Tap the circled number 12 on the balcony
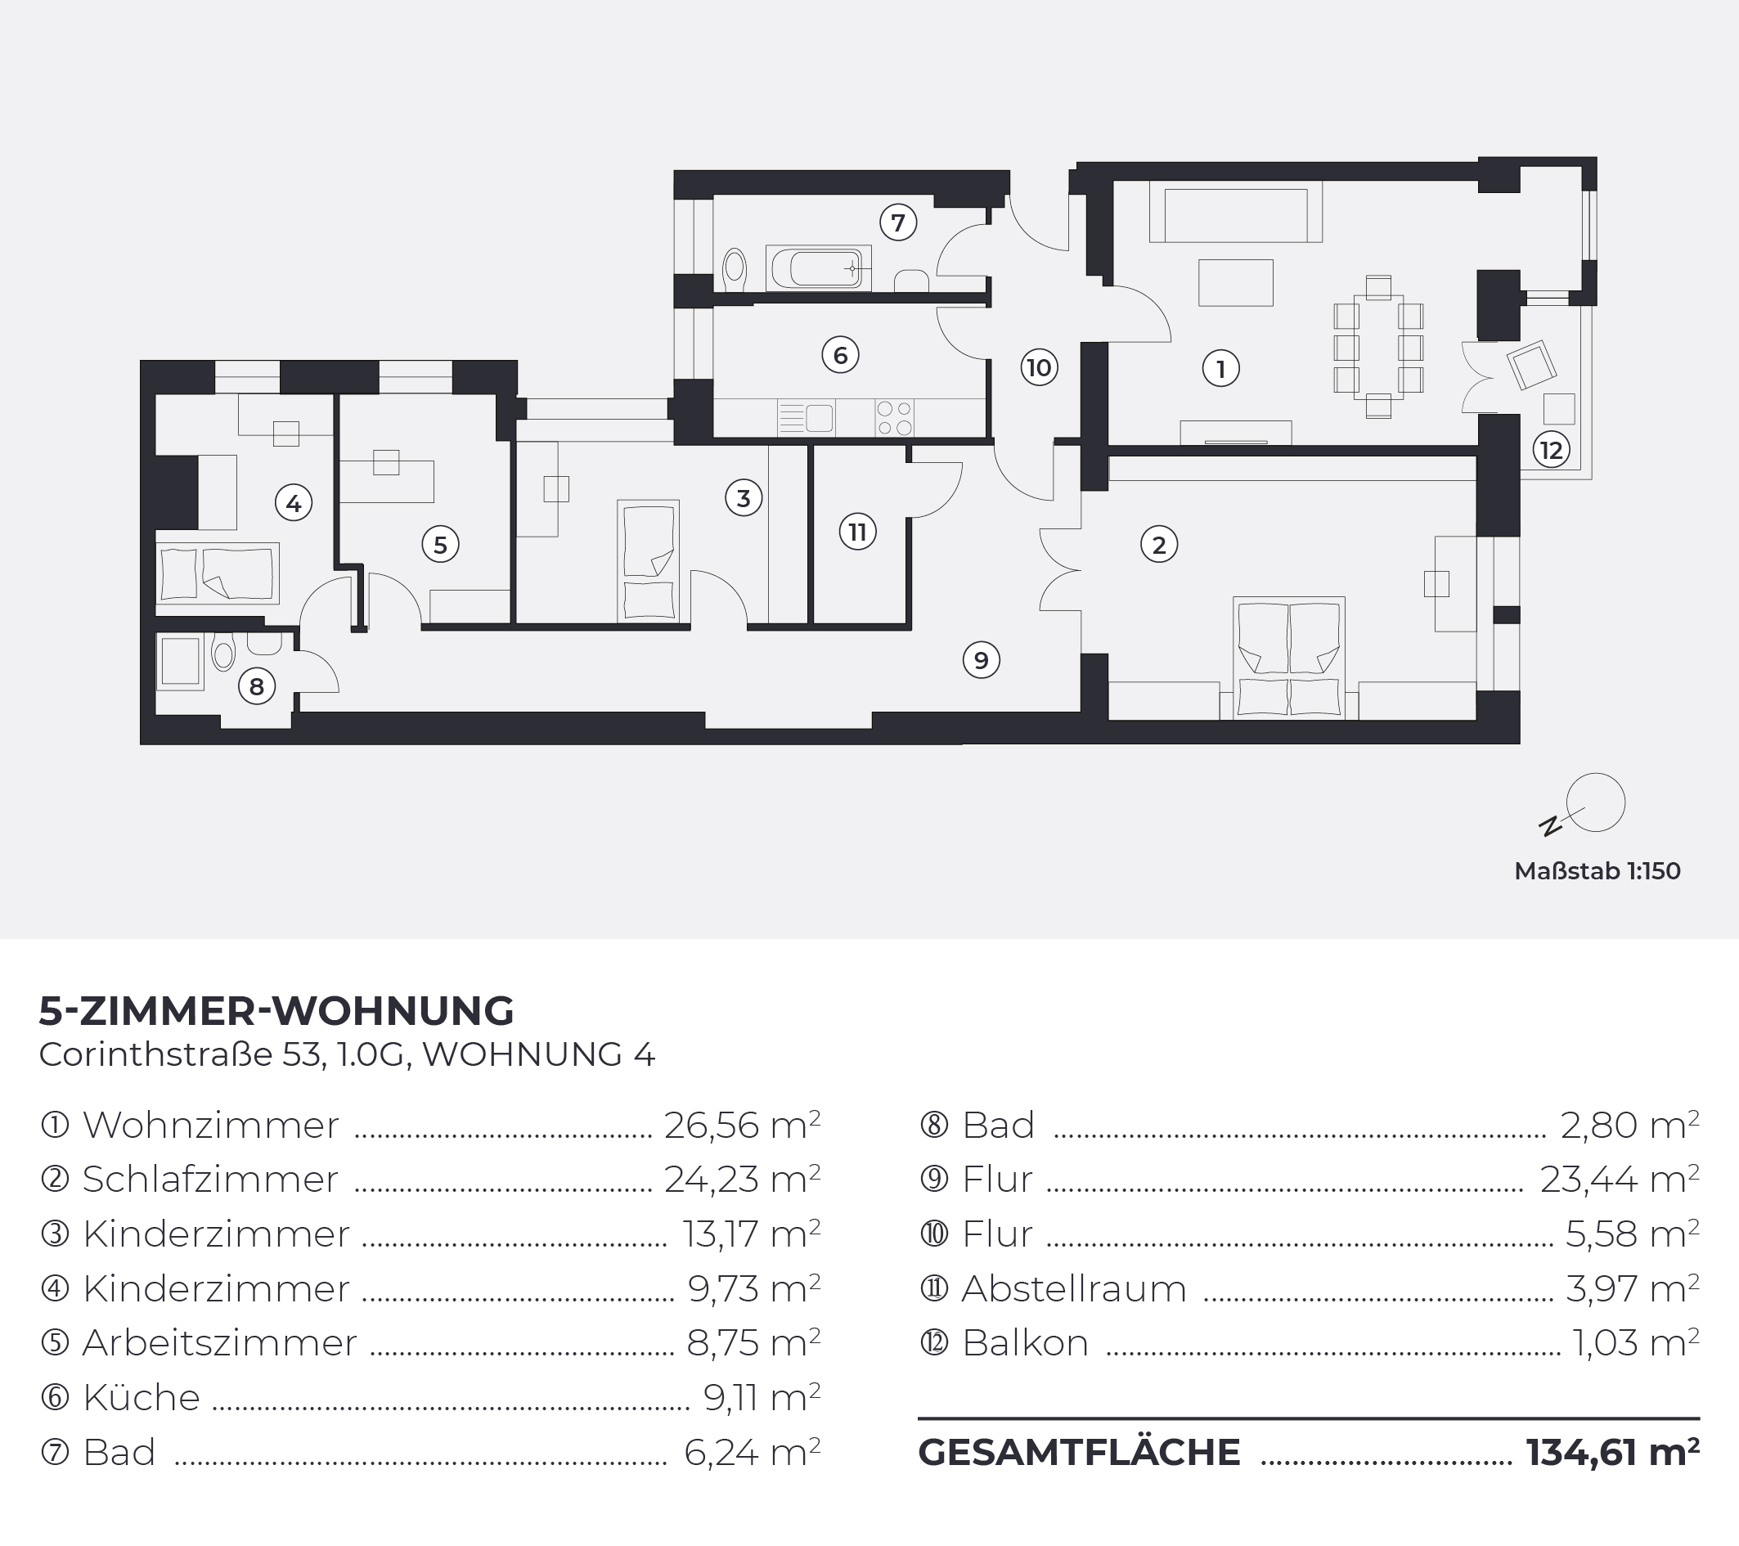[x=1551, y=449]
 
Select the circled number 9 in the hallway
[x=981, y=660]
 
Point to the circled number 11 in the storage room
[x=857, y=532]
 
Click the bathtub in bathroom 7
[x=819, y=268]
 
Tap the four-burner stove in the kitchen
[x=894, y=419]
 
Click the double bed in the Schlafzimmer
[x=1289, y=658]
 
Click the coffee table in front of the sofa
[x=1235, y=282]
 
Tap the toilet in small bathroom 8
[x=224, y=654]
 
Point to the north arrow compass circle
[x=1596, y=802]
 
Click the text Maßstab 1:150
[x=1597, y=871]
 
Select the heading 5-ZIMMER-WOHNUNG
[x=276, y=1011]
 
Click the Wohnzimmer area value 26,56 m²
[x=742, y=1125]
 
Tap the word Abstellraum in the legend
[x=1074, y=1288]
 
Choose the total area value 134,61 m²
[x=1612, y=1453]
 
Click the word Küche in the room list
[x=142, y=1397]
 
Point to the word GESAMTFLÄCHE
[x=1079, y=1453]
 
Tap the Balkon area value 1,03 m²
[x=1635, y=1342]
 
